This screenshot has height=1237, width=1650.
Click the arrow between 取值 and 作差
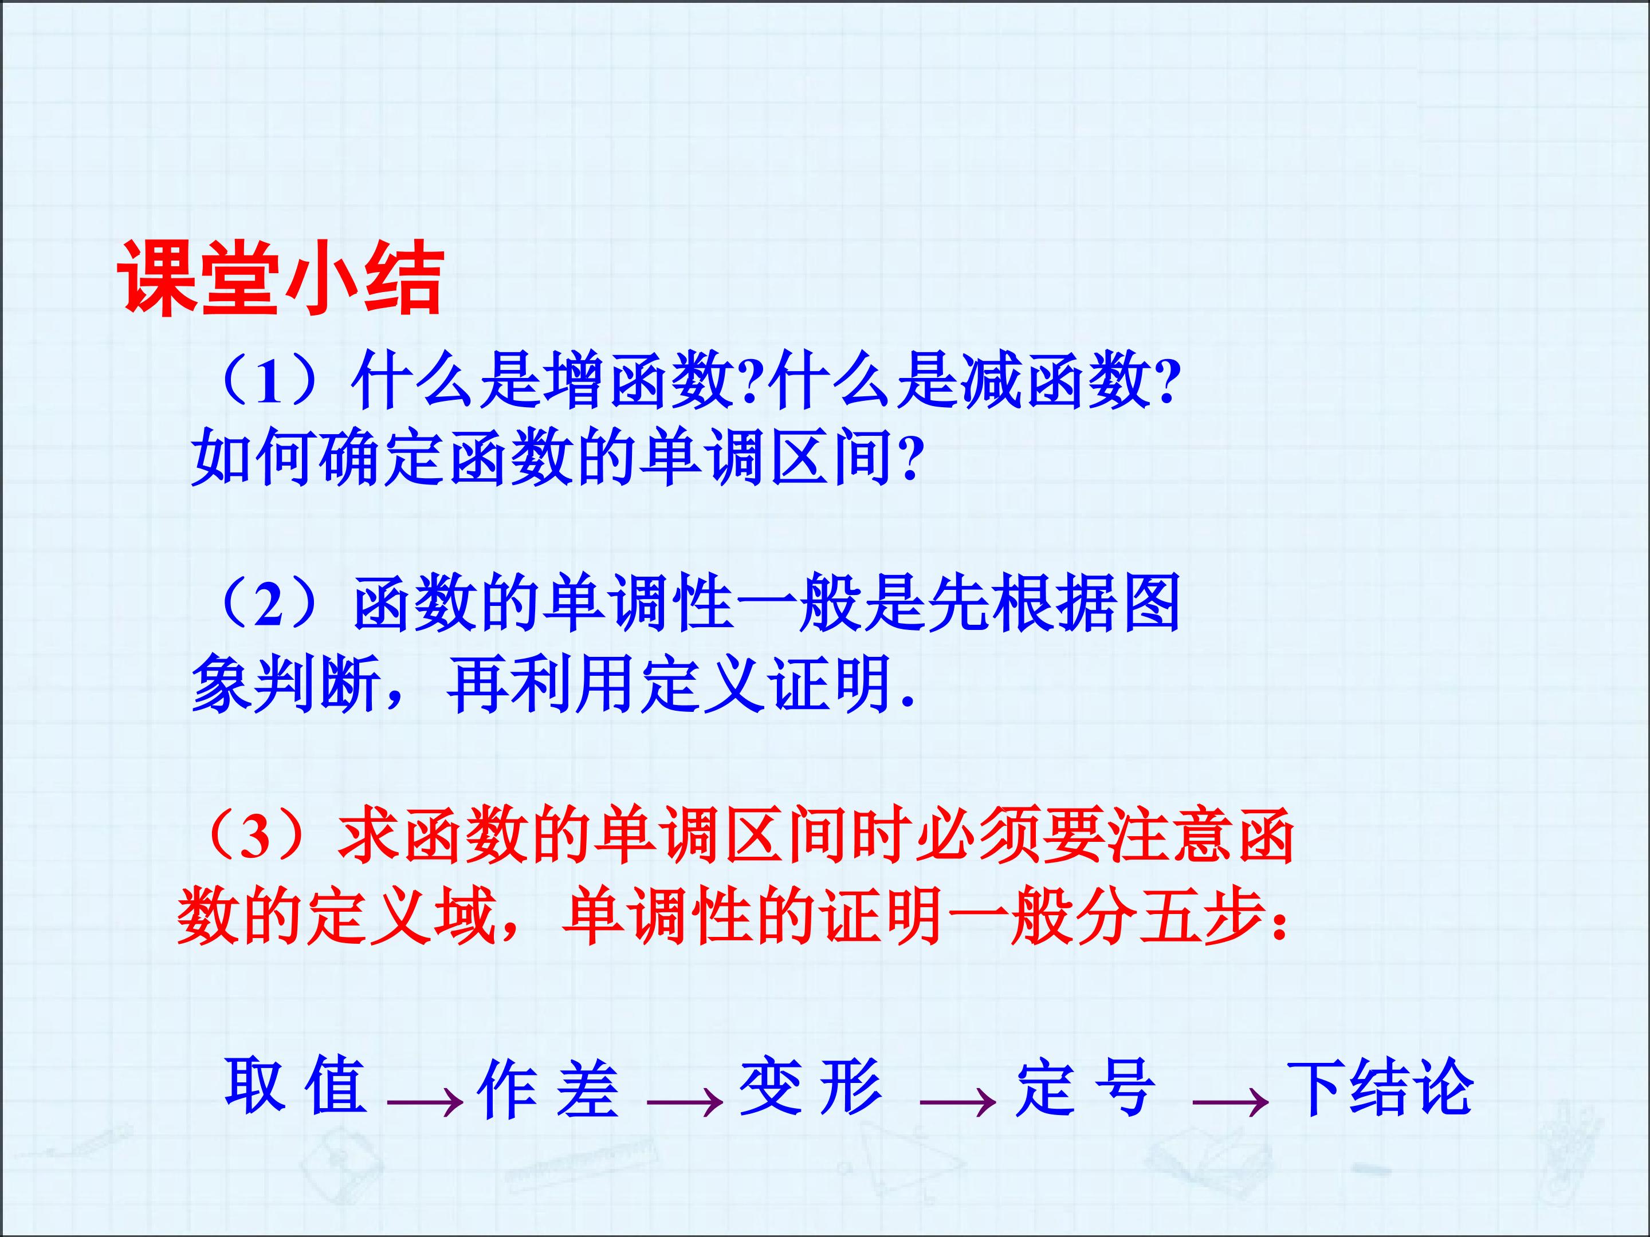(425, 1101)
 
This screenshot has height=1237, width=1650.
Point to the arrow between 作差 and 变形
(685, 1101)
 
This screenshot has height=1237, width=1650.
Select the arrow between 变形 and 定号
(958, 1101)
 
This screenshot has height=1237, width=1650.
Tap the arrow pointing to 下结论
(1231, 1101)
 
